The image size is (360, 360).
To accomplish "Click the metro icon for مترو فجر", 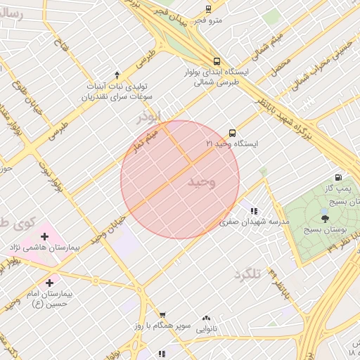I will click(208, 8).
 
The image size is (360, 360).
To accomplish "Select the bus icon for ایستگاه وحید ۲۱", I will click(232, 132).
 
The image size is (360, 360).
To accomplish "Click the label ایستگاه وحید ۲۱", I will click(232, 143).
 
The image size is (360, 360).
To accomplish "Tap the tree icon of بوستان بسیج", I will click(324, 219).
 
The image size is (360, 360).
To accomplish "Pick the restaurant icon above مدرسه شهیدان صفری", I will click(254, 211).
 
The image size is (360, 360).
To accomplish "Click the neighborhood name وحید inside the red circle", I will click(202, 182).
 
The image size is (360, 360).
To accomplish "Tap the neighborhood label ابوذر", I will click(149, 117).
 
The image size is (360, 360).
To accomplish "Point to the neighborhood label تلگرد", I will click(247, 274).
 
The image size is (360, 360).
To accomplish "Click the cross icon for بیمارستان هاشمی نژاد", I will click(44, 236).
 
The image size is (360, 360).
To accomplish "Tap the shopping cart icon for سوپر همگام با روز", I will click(162, 316).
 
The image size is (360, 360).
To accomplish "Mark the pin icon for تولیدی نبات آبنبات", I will click(117, 75).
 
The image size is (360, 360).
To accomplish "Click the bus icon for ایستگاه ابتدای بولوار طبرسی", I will click(217, 60).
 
